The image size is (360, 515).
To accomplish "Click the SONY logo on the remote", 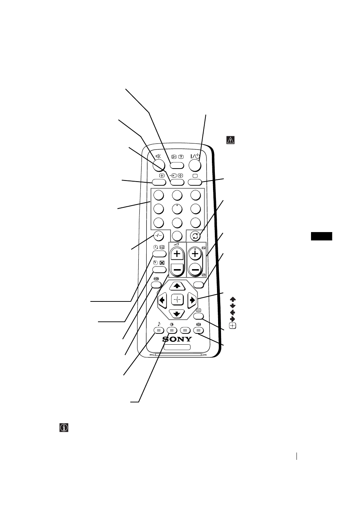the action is [177, 339].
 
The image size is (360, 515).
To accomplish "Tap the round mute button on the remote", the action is [160, 165].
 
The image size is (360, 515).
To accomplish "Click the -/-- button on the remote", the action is [158, 235].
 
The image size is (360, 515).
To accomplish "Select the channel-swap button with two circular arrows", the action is [195, 235].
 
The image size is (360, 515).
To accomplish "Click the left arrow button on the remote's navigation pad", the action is [162, 300].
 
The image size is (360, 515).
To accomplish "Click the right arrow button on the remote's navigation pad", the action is [192, 300].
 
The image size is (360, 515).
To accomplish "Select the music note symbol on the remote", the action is [159, 323].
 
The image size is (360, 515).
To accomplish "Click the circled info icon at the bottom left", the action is [64, 428].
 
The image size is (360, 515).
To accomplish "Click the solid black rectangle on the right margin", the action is [322, 237].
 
